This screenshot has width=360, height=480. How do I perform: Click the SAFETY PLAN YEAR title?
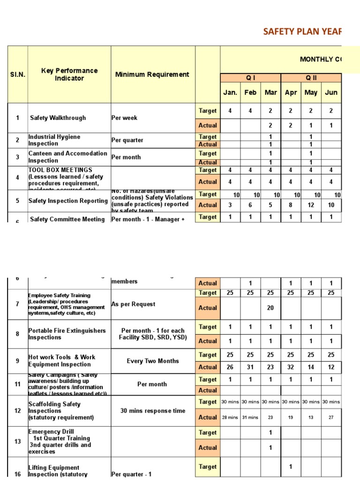pos(302,31)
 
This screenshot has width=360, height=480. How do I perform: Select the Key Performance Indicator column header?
pos(69,74)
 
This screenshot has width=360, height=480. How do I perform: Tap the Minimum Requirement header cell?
pos(152,74)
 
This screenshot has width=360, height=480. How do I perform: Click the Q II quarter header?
pos(311,78)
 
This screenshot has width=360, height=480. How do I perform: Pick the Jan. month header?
pos(230,92)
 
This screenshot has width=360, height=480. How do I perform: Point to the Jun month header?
pos(331,92)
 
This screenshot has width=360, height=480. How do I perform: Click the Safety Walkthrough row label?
pos(58,118)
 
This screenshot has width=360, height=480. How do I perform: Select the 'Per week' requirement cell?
pos(124,118)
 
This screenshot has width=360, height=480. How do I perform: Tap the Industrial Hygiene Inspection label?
pos(54,140)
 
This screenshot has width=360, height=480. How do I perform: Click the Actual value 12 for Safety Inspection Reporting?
pos(311,205)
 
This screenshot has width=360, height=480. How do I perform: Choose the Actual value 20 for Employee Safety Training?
pos(270,308)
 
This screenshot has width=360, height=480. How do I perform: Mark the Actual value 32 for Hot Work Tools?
pos(291,367)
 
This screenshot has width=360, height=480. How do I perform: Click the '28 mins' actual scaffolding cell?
pos(230,417)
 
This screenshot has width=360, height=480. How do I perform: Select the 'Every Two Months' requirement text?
pos(152,361)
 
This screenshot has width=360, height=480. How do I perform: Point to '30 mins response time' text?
pos(152,411)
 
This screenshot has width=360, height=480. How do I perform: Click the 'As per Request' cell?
pos(133,304)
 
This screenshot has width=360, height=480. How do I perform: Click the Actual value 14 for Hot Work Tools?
pos(311,367)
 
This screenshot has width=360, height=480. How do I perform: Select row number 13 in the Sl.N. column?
pos(17,442)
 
